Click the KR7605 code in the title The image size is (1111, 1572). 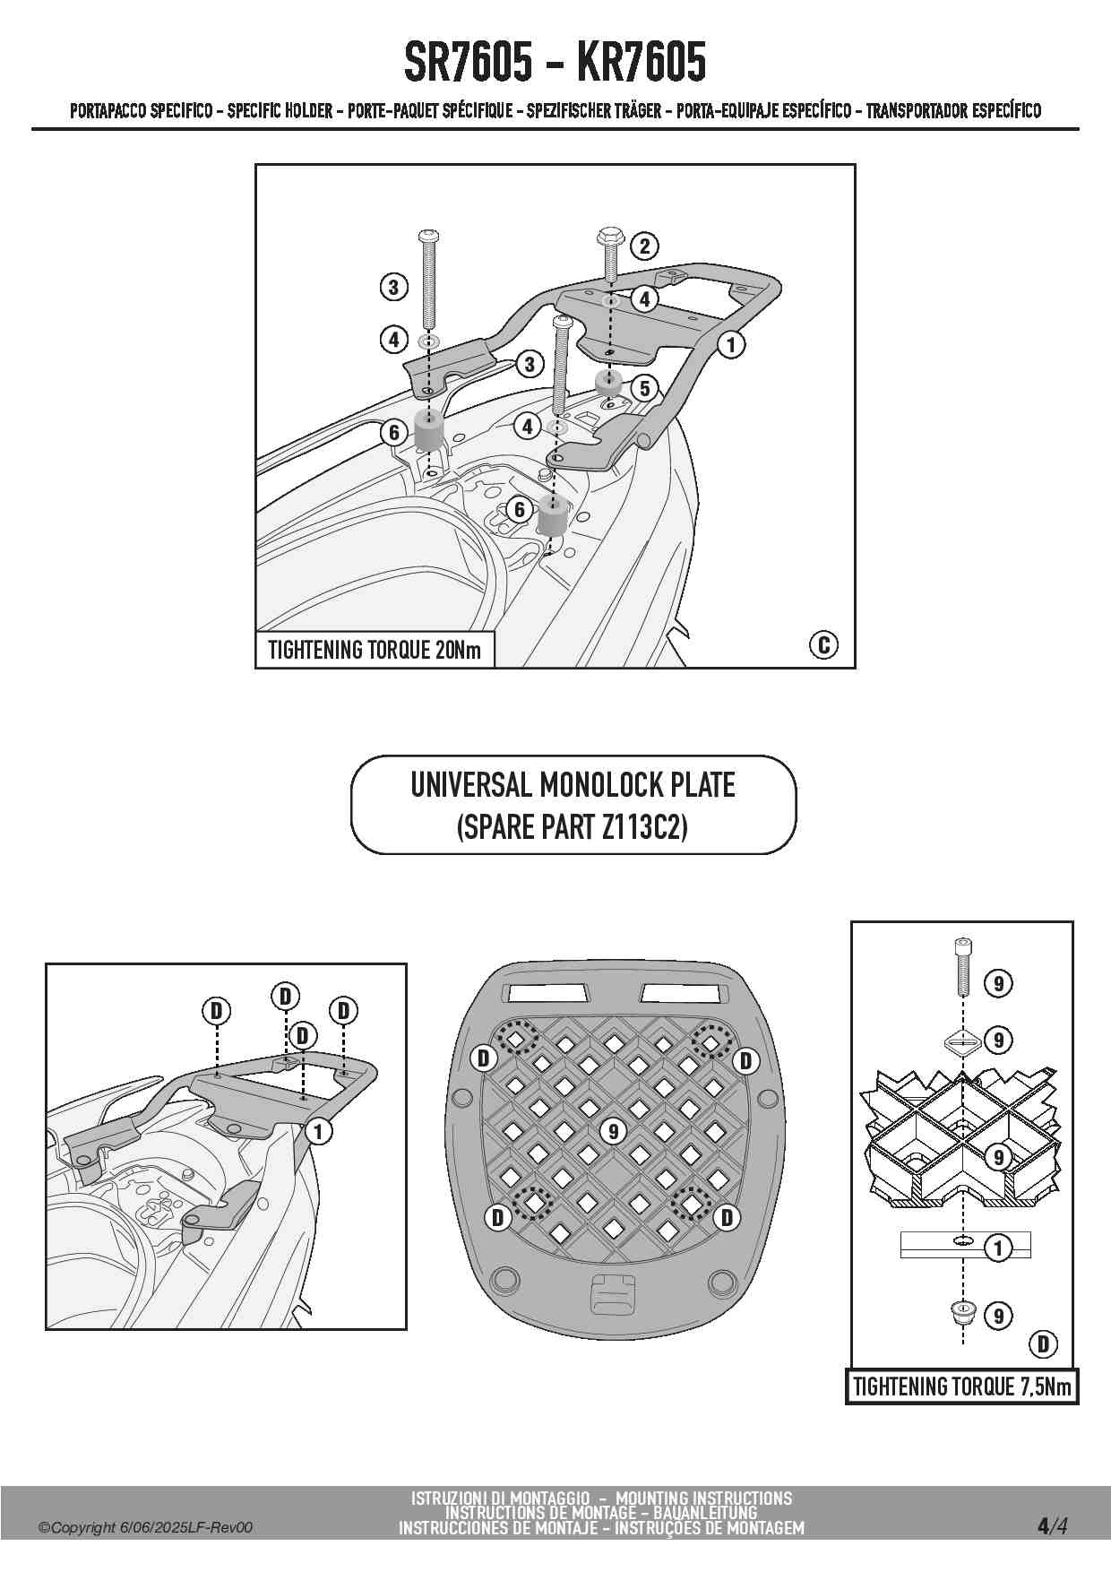pyautogui.click(x=642, y=62)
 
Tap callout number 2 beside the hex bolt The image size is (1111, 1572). pyautogui.click(x=644, y=246)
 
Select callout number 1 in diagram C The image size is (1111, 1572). pyautogui.click(x=731, y=344)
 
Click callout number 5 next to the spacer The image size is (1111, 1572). pyautogui.click(x=644, y=388)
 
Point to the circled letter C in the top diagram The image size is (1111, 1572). pyautogui.click(x=823, y=644)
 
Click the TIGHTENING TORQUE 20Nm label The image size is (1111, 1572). pyautogui.click(x=375, y=650)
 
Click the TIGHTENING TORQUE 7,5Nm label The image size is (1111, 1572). pyautogui.click(x=961, y=1386)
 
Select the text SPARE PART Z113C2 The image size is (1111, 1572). pyautogui.click(x=573, y=826)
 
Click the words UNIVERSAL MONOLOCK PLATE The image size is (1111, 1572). pyautogui.click(x=573, y=785)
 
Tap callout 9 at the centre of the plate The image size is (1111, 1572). pyautogui.click(x=614, y=1131)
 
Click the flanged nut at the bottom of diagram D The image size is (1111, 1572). pyautogui.click(x=961, y=1315)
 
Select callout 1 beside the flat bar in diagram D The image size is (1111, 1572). pyautogui.click(x=998, y=1247)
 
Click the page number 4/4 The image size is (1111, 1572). pyautogui.click(x=1052, y=1525)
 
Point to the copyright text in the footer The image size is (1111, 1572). pyautogui.click(x=145, y=1528)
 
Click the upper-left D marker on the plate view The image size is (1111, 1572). pyautogui.click(x=484, y=1058)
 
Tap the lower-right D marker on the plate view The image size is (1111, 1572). pyautogui.click(x=727, y=1217)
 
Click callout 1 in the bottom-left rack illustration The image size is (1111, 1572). pyautogui.click(x=318, y=1131)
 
